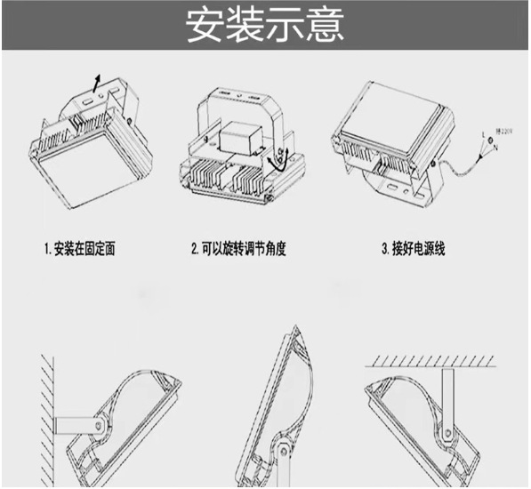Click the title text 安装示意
coord(265,25)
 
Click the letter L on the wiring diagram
coord(483,134)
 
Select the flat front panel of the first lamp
coord(84,178)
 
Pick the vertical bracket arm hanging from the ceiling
coord(447,400)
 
